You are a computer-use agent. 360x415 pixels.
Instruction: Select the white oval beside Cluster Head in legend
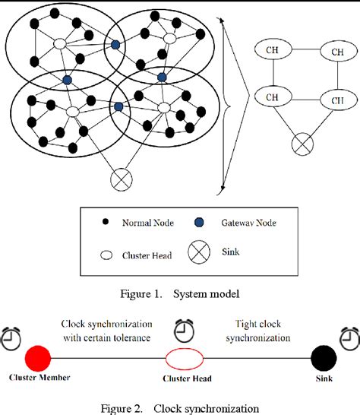105,256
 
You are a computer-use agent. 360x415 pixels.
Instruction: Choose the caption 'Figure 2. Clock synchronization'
180,407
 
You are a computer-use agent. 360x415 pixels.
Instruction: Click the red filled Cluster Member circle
37,356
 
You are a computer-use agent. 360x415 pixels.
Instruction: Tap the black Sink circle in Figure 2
326,355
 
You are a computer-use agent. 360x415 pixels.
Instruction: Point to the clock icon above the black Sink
349,335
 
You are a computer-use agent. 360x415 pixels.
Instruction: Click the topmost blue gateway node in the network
115,46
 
